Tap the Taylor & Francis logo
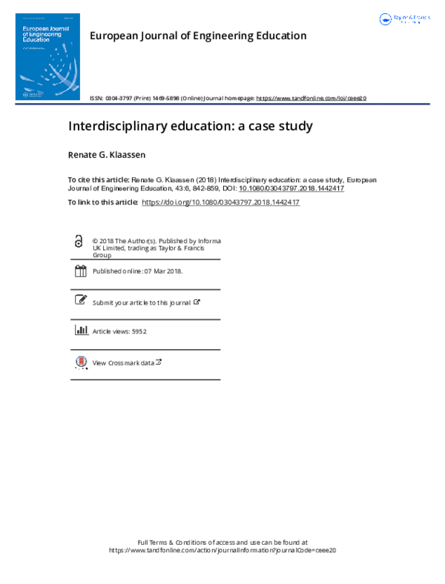coord(403,19)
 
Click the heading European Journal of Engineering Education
coord(197,36)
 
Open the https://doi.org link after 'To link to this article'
coord(220,202)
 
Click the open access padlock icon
coord(79,242)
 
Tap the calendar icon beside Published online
coord(80,271)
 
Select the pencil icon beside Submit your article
coord(80,300)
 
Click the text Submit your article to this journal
coord(141,302)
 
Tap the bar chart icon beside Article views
coord(80,331)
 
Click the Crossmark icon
coord(80,362)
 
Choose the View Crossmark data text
coord(123,363)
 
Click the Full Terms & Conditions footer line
coord(222,542)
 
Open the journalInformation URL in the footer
coord(222,551)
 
